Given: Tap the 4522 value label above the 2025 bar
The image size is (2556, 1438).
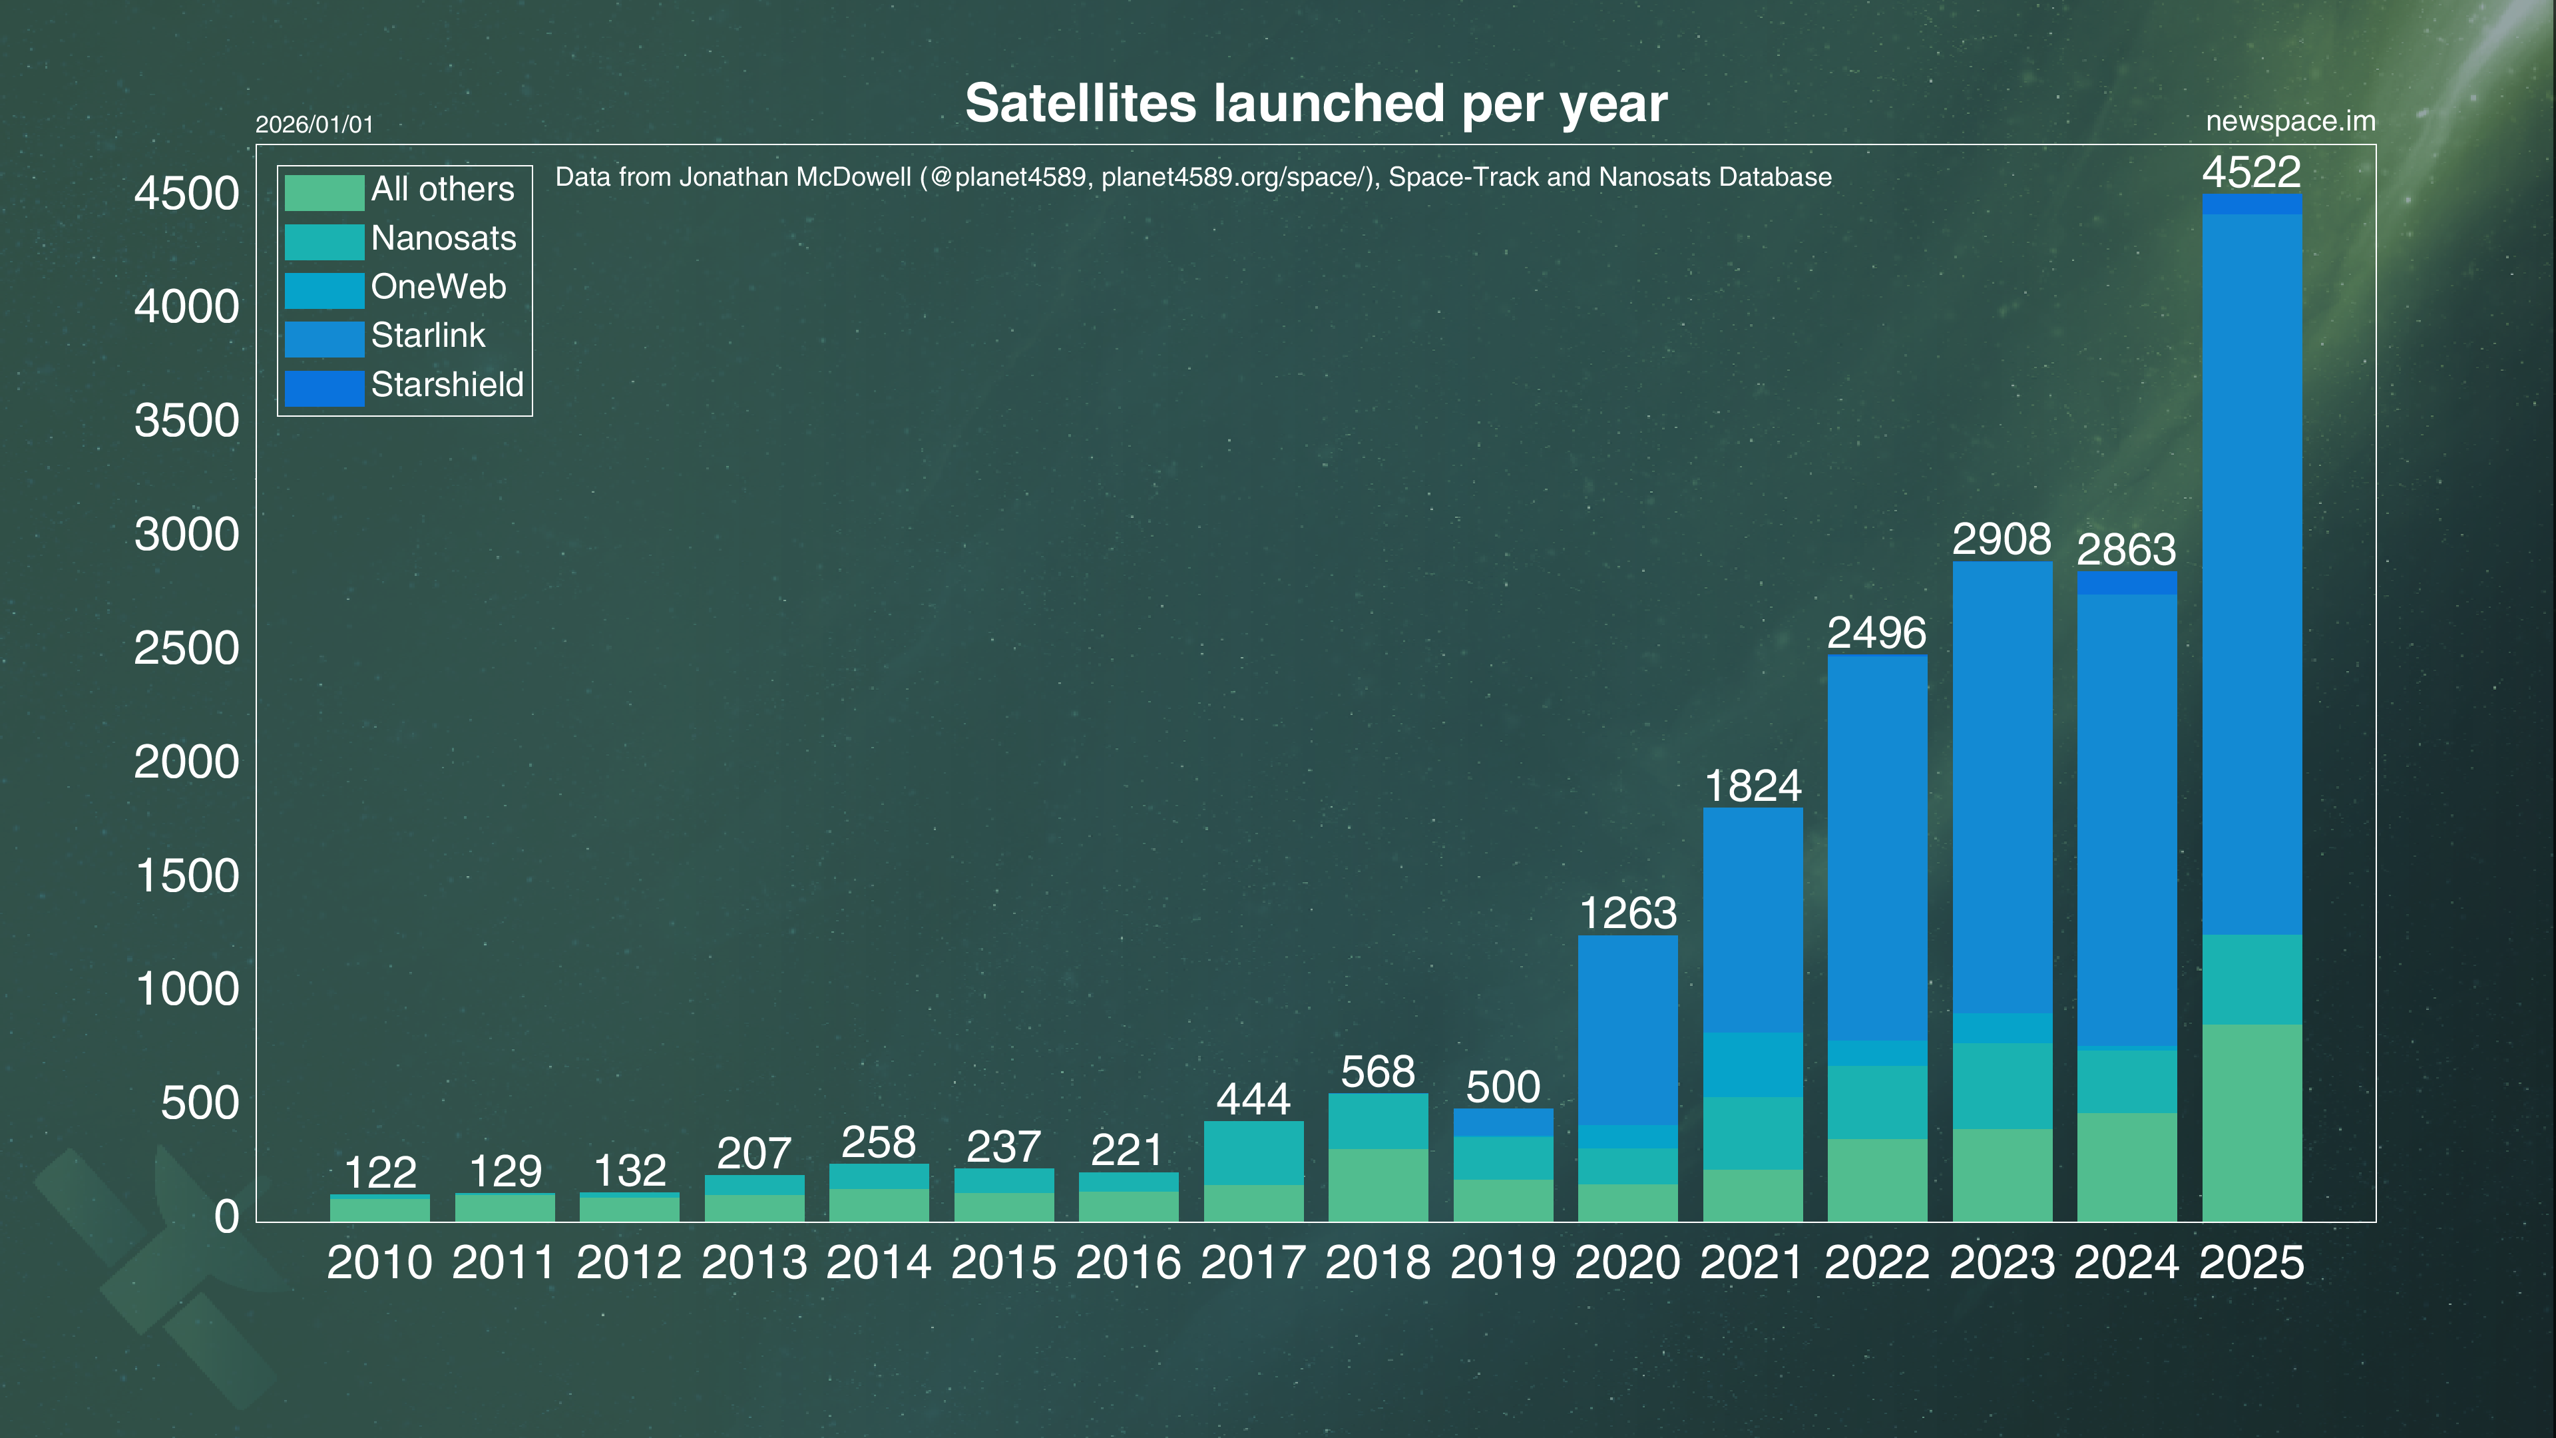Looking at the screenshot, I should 2251,172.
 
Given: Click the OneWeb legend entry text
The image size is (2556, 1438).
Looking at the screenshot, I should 439,288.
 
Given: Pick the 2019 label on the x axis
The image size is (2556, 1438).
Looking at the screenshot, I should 1502,1262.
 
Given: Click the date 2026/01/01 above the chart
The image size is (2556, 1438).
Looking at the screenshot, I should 315,125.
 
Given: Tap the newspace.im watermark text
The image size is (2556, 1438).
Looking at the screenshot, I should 2290,121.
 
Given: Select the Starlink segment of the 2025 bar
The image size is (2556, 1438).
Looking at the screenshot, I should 2251,574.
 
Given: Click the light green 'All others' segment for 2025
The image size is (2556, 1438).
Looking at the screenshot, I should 2251,1121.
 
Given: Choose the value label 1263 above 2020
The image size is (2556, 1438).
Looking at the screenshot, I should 1627,913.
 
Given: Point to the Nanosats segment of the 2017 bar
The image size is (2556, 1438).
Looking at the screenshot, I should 1253,1152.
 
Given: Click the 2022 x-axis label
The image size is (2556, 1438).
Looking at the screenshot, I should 1876,1262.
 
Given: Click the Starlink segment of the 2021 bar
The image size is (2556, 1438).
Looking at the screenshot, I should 1753,920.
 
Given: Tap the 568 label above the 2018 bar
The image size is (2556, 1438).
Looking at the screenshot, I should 1377,1072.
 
